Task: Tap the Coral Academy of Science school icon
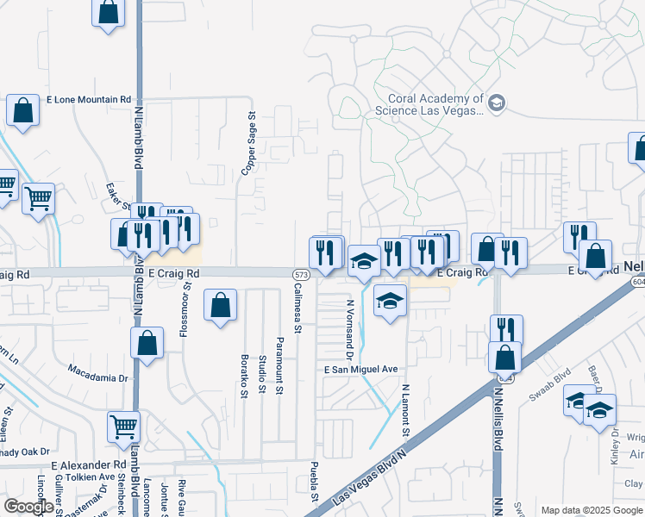tap(496, 104)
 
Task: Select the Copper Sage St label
tap(249, 143)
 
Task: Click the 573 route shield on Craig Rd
tap(300, 274)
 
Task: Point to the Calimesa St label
tap(298, 308)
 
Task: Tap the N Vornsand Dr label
tap(350, 330)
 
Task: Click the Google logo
tap(28, 506)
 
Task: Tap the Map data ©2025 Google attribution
tap(592, 510)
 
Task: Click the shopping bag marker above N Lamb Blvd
tap(108, 13)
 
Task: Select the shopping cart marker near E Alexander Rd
tap(124, 425)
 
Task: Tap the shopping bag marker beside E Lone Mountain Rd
tap(22, 110)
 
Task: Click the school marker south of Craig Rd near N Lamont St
tap(391, 301)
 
